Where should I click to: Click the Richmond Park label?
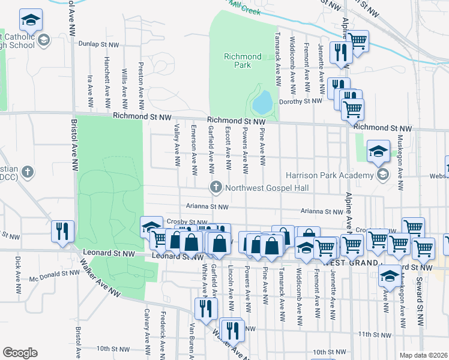point(243,61)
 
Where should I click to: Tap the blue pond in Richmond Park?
point(262,103)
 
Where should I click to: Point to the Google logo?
point(20,353)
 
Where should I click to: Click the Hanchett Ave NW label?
point(107,78)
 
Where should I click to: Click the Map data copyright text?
point(423,355)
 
